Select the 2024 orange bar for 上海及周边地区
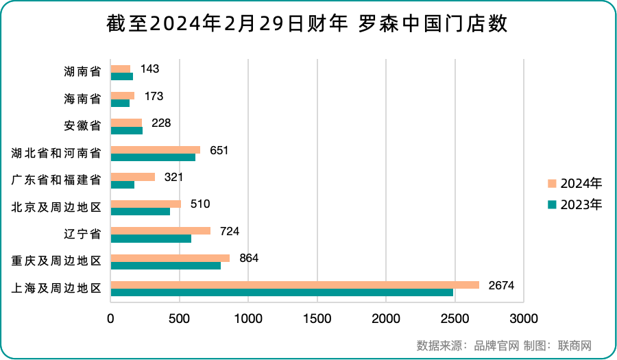coord(295,285)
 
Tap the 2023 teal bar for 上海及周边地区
coord(282,293)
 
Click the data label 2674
coord(500,285)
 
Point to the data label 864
coord(249,258)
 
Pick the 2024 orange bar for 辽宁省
coord(160,231)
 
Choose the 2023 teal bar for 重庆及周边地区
coord(165,265)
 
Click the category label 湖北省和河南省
coord(58,153)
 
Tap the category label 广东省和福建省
coord(58,180)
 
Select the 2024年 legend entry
coord(575,184)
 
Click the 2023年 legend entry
coord(575,204)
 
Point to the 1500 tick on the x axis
coord(317,318)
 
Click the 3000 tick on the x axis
coord(524,318)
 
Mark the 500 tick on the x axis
coord(180,318)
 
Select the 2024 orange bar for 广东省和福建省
coord(133,177)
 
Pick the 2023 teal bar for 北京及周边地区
coord(141,211)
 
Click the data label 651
coord(219,150)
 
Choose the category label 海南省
coord(82,99)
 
